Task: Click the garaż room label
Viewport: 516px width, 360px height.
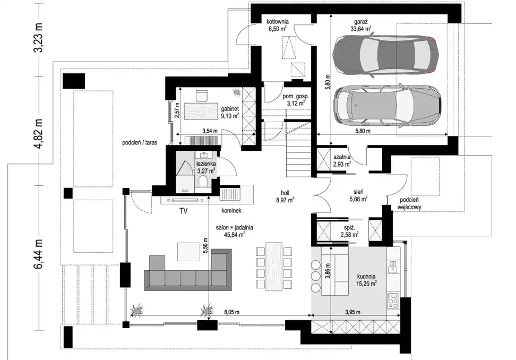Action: coord(360,22)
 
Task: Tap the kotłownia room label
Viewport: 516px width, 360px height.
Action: coord(278,22)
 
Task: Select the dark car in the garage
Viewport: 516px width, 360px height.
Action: coord(385,55)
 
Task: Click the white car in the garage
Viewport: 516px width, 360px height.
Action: coord(386,106)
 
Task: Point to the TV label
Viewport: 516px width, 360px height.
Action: coord(183,211)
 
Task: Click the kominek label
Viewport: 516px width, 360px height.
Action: coord(231,210)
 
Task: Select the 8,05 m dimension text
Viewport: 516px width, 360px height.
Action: coord(231,312)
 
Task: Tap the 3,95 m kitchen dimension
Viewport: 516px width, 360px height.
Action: coord(352,312)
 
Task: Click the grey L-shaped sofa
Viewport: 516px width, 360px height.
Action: coord(188,270)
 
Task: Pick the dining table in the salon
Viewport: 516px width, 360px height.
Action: coord(274,266)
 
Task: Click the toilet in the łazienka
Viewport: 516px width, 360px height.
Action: coord(203,182)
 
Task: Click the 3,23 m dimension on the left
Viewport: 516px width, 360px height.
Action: coord(39,38)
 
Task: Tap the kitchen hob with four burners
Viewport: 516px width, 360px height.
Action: coord(393,301)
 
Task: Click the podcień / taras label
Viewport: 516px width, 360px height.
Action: coord(140,143)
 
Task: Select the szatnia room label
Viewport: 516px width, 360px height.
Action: coord(342,157)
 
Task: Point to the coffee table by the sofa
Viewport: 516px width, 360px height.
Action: coord(188,252)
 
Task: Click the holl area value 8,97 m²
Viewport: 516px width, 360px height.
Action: coord(285,200)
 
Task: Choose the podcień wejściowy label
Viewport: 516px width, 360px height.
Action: coord(410,204)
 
